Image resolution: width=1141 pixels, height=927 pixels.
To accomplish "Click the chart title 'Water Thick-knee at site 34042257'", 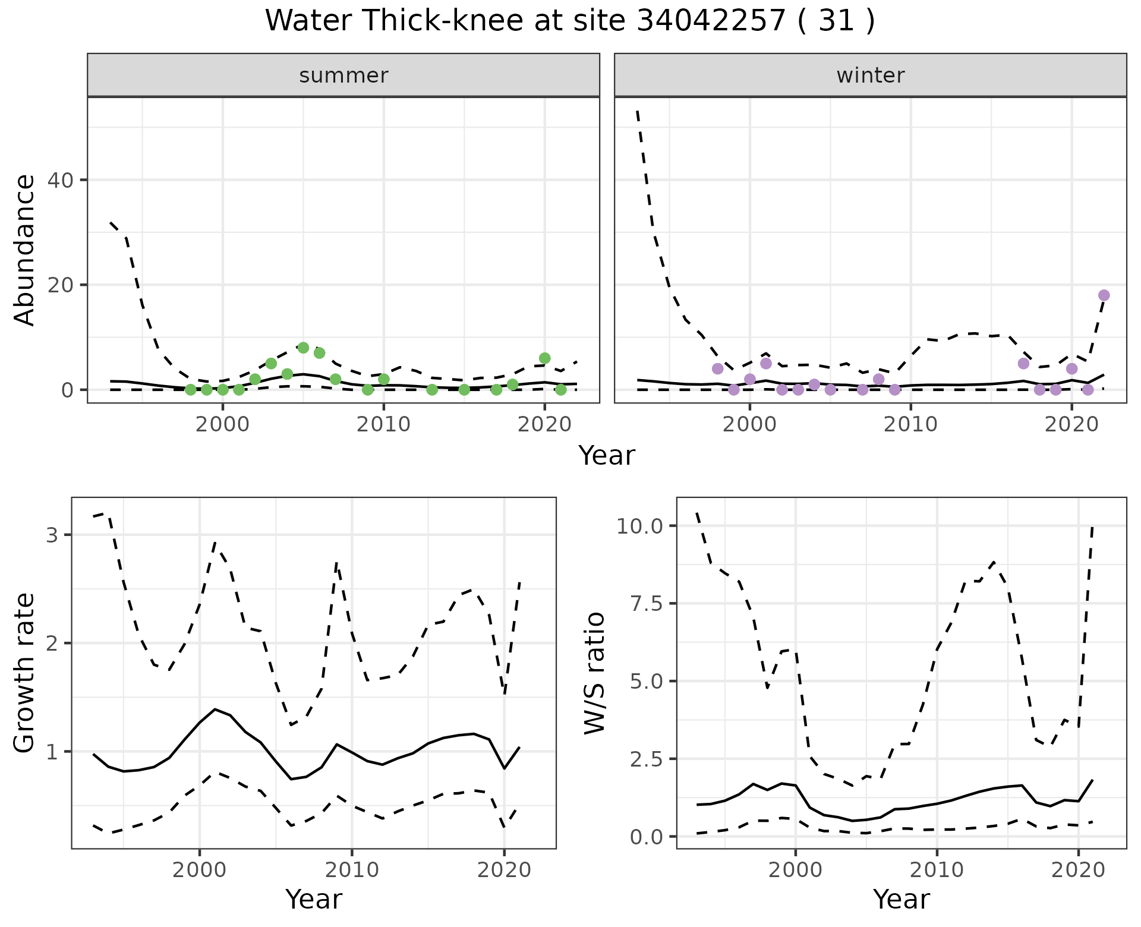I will [569, 21].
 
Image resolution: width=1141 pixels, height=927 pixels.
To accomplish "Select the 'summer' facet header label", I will [343, 75].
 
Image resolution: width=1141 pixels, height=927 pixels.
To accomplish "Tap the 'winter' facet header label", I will [870, 75].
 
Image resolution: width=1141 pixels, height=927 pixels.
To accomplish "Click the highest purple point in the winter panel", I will [1104, 295].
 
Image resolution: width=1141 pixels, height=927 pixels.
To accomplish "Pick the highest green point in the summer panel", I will [303, 348].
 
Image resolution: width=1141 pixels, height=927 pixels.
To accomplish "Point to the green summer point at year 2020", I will [544, 358].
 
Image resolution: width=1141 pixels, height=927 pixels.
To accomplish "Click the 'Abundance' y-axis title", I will [24, 250].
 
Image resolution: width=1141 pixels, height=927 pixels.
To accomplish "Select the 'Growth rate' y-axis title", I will [24, 673].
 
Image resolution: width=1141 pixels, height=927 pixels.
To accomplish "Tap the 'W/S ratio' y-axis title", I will [594, 673].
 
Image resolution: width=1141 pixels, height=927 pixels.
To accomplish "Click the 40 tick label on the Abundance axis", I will [62, 180].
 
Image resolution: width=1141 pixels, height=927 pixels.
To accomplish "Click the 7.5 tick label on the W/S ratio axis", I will [645, 603].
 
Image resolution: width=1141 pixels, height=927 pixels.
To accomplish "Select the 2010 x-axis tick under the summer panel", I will [383, 424].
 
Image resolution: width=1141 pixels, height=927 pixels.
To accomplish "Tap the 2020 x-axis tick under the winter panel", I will [1071, 424].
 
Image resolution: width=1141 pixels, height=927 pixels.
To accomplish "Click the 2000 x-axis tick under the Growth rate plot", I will [200, 870].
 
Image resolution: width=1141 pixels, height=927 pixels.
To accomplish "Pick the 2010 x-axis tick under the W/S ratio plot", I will [937, 870].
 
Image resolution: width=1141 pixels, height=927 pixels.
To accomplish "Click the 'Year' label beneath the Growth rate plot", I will [314, 900].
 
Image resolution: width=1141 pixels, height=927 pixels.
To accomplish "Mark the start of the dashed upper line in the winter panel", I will [637, 111].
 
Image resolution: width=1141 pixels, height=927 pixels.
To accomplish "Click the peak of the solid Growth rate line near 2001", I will [215, 709].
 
